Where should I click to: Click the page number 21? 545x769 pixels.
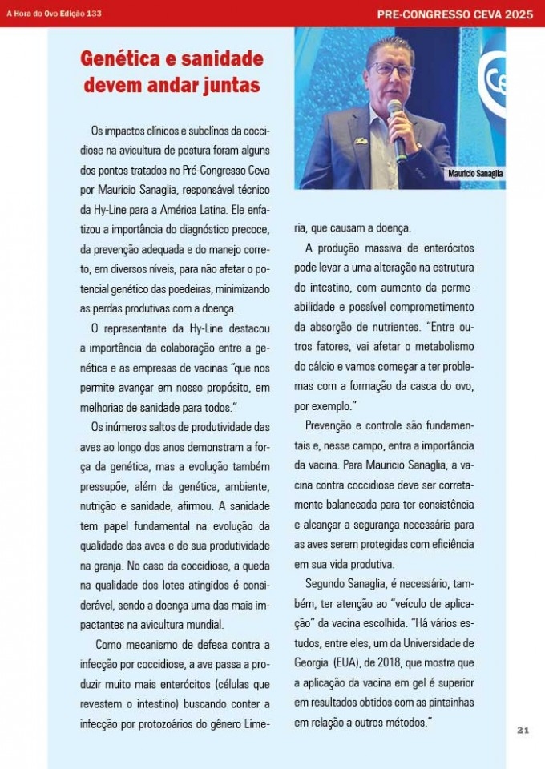tap(523, 730)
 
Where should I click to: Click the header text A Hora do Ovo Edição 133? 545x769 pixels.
tap(50, 14)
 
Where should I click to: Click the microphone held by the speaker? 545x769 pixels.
tap(395, 108)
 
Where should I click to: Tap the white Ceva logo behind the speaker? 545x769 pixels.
tap(494, 76)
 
